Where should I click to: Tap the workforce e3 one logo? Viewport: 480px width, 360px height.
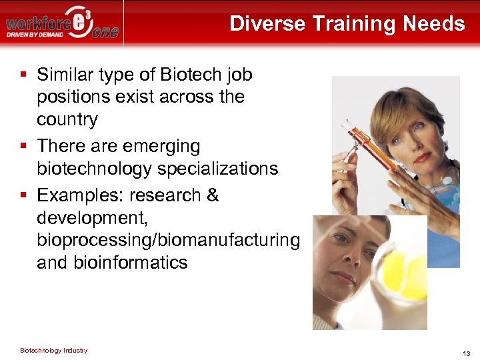click(x=63, y=23)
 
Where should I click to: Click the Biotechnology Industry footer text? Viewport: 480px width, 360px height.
click(x=53, y=350)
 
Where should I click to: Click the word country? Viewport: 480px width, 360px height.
click(x=67, y=119)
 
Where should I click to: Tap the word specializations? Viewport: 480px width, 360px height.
click(x=218, y=168)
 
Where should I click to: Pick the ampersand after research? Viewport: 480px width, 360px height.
click(x=213, y=195)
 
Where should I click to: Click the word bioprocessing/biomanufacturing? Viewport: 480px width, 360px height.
click(x=169, y=239)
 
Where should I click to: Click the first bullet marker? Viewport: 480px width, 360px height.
click(x=24, y=74)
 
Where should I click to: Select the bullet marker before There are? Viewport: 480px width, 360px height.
click(x=24, y=145)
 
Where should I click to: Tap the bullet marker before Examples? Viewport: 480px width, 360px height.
click(x=24, y=195)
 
